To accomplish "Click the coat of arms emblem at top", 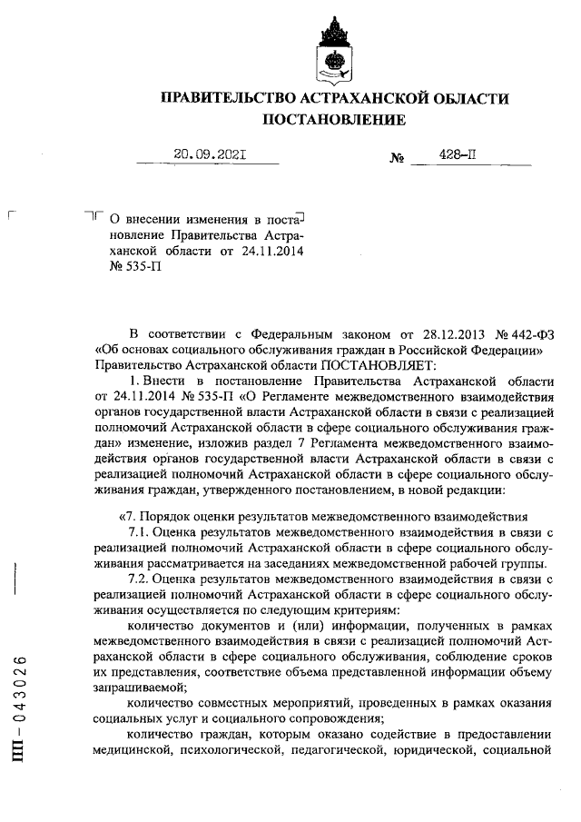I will pyautogui.click(x=334, y=51).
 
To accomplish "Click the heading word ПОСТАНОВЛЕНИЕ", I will pyautogui.click(x=334, y=119).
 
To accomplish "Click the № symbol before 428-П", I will pyautogui.click(x=396, y=158).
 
